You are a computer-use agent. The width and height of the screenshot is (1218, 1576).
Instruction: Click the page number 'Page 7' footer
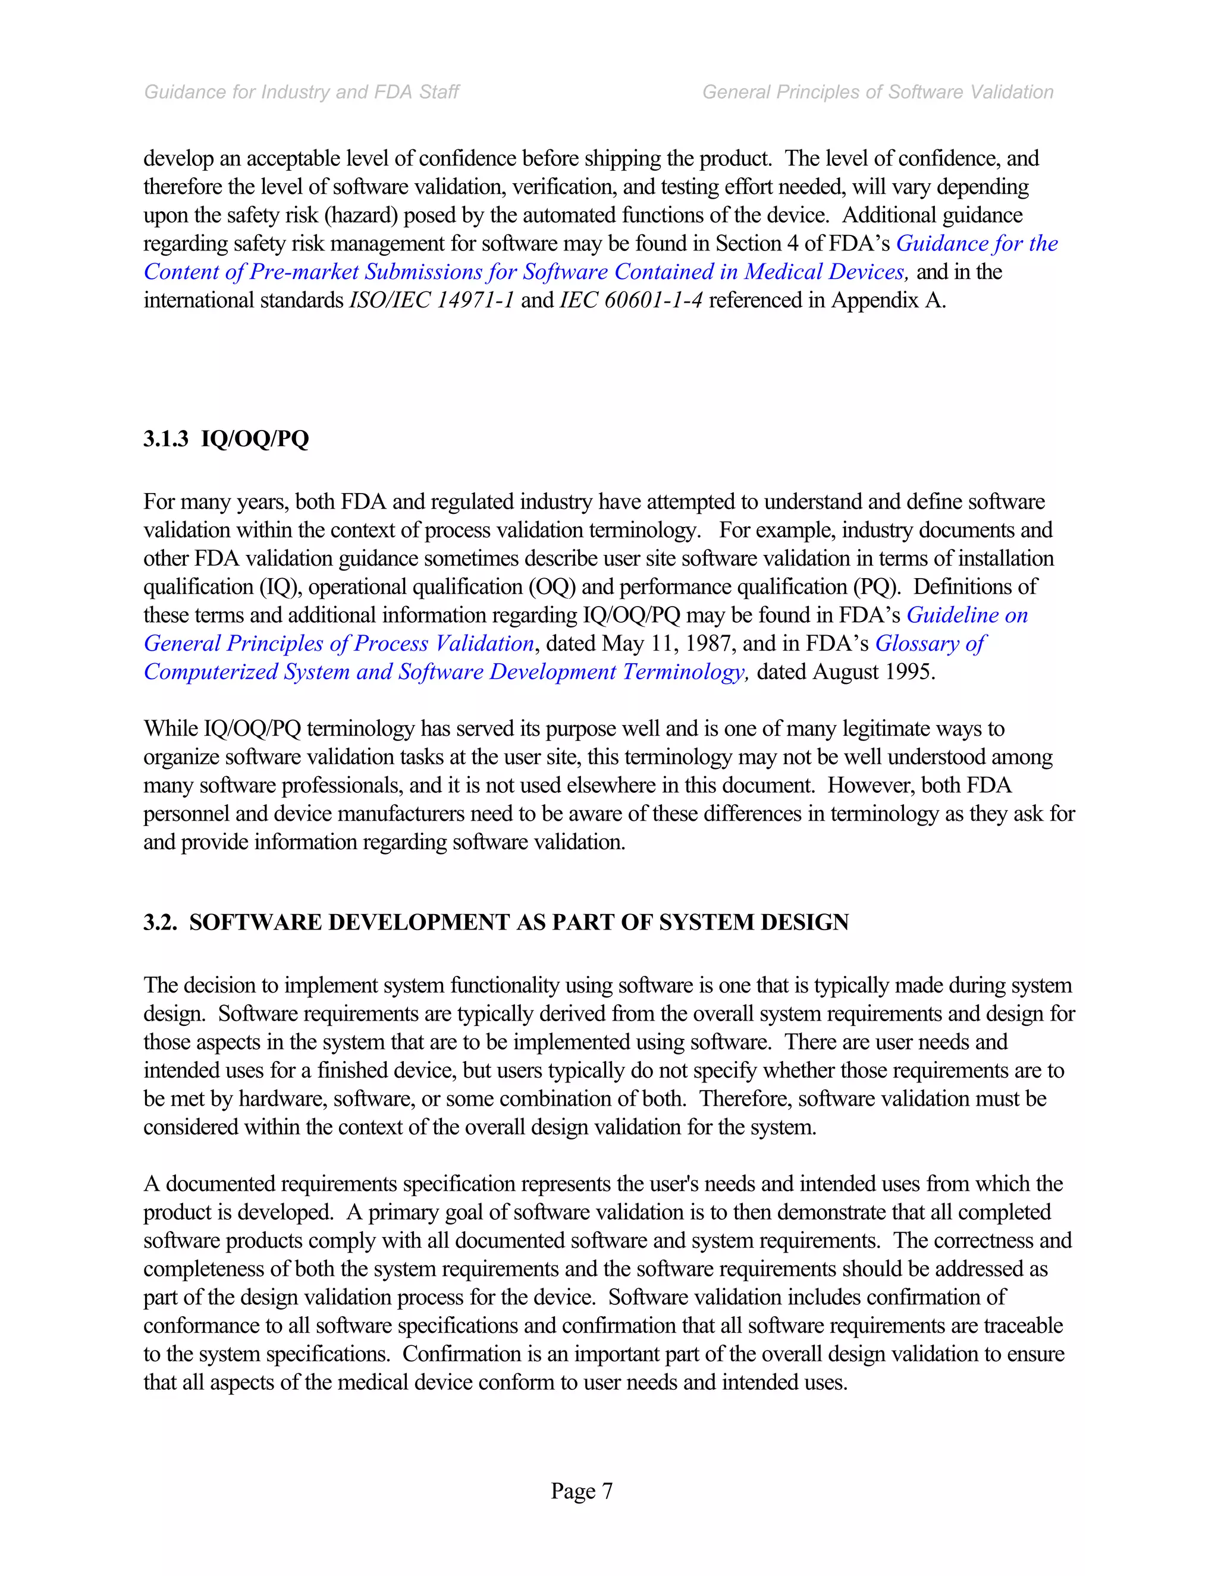[x=582, y=1491]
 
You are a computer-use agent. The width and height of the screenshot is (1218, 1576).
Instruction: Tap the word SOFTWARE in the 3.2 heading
[x=255, y=922]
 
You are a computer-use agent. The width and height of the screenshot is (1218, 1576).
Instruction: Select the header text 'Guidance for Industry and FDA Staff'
[x=302, y=92]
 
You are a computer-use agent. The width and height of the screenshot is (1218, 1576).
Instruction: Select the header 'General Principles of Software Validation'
[x=877, y=92]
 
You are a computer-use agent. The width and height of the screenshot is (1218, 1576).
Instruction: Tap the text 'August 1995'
[x=873, y=672]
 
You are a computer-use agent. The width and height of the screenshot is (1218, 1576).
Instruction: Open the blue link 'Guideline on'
[x=967, y=615]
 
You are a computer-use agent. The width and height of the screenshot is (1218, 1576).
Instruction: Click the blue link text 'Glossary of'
[x=930, y=643]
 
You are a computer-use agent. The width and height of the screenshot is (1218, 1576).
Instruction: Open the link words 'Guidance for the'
[x=977, y=244]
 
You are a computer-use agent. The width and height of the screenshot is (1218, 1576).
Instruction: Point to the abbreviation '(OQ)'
[x=552, y=586]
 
